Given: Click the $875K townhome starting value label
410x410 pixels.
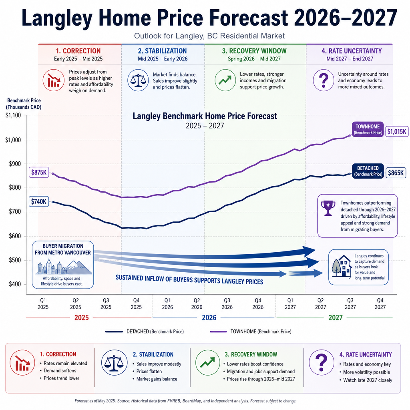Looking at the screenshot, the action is coord(39,172).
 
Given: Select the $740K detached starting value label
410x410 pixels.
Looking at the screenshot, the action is coord(39,201).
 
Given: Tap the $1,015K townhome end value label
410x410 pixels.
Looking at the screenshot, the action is coord(397,131).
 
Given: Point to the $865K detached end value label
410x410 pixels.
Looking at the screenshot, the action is coord(396,173).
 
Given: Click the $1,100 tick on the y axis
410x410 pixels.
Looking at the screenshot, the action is coord(13,115).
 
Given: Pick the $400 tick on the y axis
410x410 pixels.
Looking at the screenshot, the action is coord(15,284).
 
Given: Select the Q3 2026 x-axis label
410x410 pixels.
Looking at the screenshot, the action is coord(227,304).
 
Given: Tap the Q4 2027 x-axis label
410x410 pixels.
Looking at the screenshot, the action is coord(380,304).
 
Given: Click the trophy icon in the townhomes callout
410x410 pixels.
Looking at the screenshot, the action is coord(328,208).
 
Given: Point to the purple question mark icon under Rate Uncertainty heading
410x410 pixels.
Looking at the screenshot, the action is coord(324,80).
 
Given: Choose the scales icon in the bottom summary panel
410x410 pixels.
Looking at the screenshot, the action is coord(114,363).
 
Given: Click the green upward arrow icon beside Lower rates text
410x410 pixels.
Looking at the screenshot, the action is coord(225,80).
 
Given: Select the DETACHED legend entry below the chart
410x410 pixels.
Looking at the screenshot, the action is coord(145,332).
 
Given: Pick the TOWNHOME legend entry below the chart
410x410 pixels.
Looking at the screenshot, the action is coord(251,332).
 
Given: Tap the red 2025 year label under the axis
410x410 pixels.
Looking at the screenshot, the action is coord(82,318).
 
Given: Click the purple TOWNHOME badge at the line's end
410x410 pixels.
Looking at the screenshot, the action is coord(368,129).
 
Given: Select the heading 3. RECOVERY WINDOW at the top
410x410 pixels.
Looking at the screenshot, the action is coord(254,51).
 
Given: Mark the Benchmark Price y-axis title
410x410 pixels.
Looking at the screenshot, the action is coord(24,104).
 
